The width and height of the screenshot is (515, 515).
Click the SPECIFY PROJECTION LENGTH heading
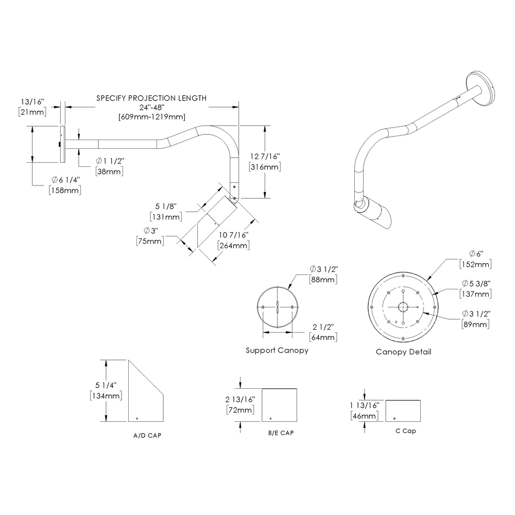coord(151,98)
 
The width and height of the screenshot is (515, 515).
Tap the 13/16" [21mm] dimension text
coord(32,107)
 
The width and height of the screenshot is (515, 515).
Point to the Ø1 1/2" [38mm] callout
coord(110,166)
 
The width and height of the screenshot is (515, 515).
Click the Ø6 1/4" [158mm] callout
coord(65,185)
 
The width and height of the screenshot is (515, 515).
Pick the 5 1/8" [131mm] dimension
coord(165,212)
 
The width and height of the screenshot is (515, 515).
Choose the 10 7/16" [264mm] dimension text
coord(234,241)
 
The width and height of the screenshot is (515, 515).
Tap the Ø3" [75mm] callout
coord(150,235)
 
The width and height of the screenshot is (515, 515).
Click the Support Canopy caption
coord(277,350)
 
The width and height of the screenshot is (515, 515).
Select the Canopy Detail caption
coord(403,352)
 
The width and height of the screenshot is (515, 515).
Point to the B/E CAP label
coord(281,433)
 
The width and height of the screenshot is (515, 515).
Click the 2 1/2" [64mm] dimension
coord(323,332)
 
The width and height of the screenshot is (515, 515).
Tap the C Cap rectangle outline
coord(403,410)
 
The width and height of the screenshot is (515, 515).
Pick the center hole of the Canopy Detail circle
coord(403,307)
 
